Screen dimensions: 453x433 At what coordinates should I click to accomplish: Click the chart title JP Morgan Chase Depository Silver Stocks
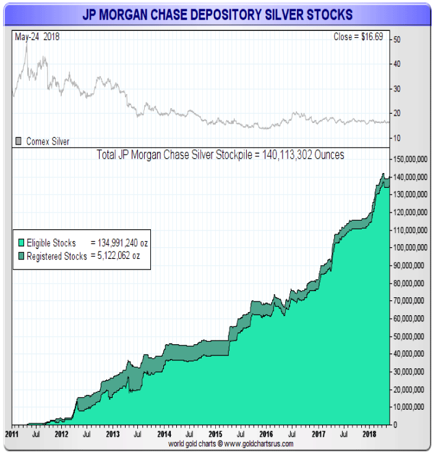coord(216,14)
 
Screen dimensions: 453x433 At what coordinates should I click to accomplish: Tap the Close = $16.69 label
coord(358,37)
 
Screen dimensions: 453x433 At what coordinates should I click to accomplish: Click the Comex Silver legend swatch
coord(19,142)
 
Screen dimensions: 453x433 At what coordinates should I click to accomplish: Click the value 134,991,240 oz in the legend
coord(119,243)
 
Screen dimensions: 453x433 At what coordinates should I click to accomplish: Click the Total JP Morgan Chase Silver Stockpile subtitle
coord(221,155)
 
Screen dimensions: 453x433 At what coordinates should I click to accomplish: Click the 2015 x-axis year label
coord(214,434)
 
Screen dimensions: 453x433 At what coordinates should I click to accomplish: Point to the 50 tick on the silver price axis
coord(397,40)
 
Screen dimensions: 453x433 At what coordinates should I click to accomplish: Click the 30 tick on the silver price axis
coord(397,88)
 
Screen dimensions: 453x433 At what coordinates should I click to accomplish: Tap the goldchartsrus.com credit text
coord(230,444)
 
